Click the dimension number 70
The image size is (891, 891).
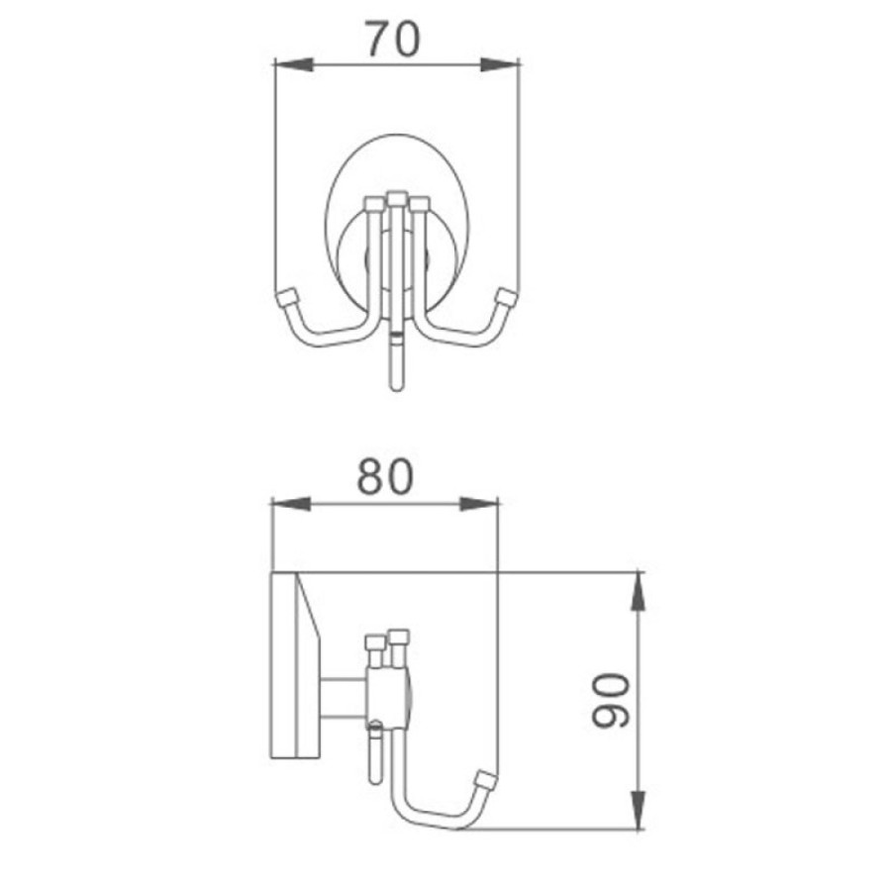click(392, 39)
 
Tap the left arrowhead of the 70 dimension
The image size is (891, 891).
click(294, 64)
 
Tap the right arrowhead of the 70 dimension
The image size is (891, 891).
click(500, 64)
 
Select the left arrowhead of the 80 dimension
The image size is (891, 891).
click(290, 504)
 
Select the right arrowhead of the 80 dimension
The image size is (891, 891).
click(479, 504)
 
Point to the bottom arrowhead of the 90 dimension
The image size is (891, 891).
click(639, 810)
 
